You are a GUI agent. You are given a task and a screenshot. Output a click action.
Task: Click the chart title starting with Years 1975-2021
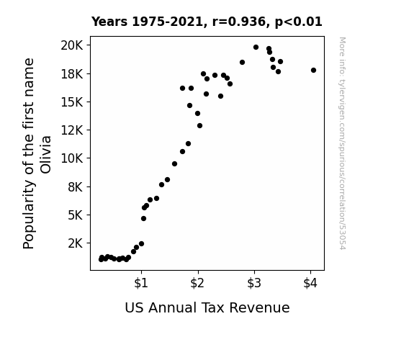point(207,22)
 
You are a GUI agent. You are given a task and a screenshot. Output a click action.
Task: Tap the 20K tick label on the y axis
point(72,45)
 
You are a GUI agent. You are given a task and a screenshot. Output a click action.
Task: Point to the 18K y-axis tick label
point(72,74)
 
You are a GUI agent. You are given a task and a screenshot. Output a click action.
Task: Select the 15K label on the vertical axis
point(72,102)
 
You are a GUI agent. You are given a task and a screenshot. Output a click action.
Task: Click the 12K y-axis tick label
point(72,130)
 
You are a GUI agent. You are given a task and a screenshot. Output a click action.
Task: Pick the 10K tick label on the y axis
point(72,158)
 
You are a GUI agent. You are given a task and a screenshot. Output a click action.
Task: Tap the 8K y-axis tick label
point(76,187)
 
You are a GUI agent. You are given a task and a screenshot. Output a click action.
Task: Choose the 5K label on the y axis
point(76,215)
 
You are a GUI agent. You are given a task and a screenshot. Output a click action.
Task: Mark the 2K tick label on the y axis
point(76,243)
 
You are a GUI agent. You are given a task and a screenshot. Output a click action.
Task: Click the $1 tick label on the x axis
point(141,283)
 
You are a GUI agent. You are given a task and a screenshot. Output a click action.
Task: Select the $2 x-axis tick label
point(197,283)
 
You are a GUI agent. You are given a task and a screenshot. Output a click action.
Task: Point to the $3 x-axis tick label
point(254,283)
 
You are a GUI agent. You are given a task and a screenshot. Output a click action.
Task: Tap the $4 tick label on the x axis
point(310,283)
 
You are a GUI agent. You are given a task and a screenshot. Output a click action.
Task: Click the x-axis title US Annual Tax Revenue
point(207,307)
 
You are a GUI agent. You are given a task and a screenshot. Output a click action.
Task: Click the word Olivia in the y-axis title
point(45,155)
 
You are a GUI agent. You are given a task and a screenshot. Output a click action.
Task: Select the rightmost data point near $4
point(313,71)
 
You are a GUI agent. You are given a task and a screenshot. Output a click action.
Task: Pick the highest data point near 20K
point(256,48)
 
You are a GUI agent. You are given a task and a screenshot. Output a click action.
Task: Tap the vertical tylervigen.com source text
point(343,143)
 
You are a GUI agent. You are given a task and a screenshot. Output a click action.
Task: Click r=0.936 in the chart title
point(239,22)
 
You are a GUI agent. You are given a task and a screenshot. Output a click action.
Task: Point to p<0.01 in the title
point(298,22)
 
